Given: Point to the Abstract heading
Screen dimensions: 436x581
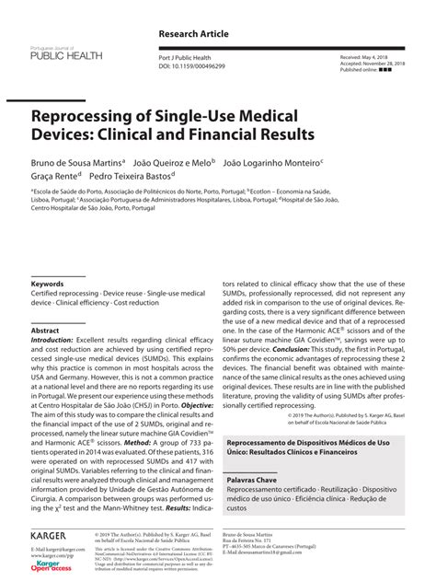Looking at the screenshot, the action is (45, 330).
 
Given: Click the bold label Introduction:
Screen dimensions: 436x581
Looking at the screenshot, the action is (52, 340).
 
